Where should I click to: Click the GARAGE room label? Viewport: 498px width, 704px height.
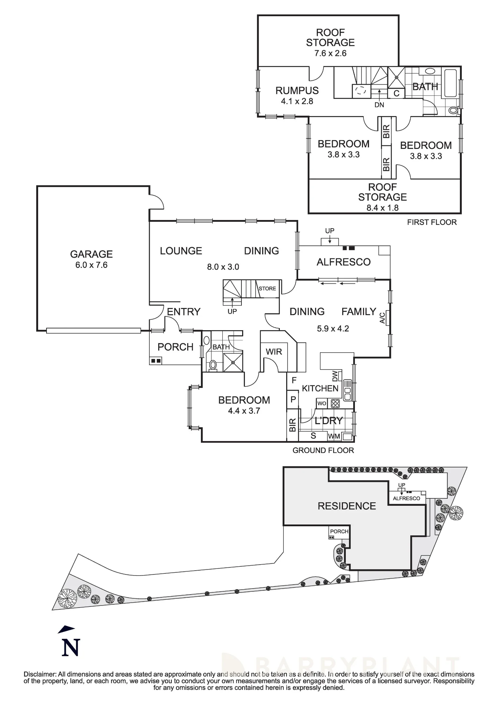(91, 254)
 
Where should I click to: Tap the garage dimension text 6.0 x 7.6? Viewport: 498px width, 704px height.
(91, 265)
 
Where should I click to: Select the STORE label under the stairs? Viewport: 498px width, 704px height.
(267, 289)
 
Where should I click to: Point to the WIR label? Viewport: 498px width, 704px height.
(274, 352)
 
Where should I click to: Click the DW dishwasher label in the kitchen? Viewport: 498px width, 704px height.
(335, 376)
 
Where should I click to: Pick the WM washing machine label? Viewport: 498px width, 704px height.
(334, 436)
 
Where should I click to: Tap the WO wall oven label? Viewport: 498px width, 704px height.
(322, 403)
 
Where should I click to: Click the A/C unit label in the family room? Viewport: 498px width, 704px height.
(382, 318)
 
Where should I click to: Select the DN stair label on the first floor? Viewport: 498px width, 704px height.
(379, 105)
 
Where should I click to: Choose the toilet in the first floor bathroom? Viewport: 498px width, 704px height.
(453, 111)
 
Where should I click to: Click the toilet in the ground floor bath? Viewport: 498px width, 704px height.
(213, 365)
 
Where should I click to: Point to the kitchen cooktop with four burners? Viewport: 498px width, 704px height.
(335, 403)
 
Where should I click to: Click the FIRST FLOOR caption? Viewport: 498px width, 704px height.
(432, 222)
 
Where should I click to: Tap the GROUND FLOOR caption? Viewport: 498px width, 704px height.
(323, 450)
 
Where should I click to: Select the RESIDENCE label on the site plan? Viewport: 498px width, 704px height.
(347, 506)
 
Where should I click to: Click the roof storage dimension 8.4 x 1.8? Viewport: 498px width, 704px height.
(382, 208)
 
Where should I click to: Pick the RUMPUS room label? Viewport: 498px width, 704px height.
(297, 90)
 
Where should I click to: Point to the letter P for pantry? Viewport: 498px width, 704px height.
(293, 400)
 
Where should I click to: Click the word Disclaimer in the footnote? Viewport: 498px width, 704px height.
(39, 674)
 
